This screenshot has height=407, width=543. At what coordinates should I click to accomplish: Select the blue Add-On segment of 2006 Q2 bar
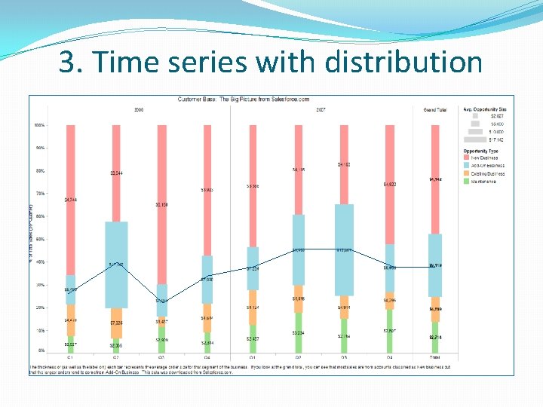pos(116,264)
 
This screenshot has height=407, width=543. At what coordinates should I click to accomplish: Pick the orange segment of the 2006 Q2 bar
pos(116,323)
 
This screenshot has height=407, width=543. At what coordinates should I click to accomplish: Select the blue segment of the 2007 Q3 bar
pos(344,249)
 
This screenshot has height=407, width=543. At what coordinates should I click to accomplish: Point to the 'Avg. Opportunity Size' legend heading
pos(485,110)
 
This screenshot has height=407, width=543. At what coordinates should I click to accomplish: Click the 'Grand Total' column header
pos(435,110)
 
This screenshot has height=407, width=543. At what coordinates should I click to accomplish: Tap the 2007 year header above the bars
pos(321,110)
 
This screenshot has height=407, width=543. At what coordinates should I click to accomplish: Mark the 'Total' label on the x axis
pos(435,357)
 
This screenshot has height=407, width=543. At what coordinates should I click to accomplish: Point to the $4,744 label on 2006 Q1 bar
pos(71,200)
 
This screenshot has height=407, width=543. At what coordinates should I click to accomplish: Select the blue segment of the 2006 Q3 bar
pos(161,300)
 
